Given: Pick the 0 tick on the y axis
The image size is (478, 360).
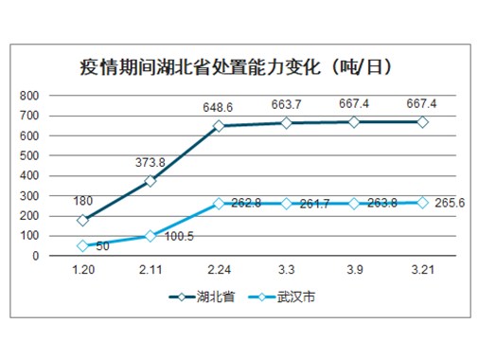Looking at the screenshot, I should click(x=35, y=256).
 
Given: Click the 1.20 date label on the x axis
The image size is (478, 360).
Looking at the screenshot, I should click(x=83, y=271).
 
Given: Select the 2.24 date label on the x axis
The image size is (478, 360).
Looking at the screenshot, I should click(x=219, y=271).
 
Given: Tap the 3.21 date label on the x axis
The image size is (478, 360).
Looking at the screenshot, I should click(x=422, y=271).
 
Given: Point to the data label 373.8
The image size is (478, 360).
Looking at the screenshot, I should click(x=150, y=162).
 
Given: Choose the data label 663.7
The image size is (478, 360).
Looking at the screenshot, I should click(x=286, y=105).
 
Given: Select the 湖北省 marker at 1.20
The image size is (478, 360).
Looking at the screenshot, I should click(x=83, y=220).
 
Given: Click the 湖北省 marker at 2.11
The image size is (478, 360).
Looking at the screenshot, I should click(x=150, y=181).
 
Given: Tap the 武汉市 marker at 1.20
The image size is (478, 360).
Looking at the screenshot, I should click(x=83, y=245).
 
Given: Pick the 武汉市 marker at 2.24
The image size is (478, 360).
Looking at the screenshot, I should click(x=219, y=203).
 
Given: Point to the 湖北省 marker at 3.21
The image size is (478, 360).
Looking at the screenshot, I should click(x=422, y=122).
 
